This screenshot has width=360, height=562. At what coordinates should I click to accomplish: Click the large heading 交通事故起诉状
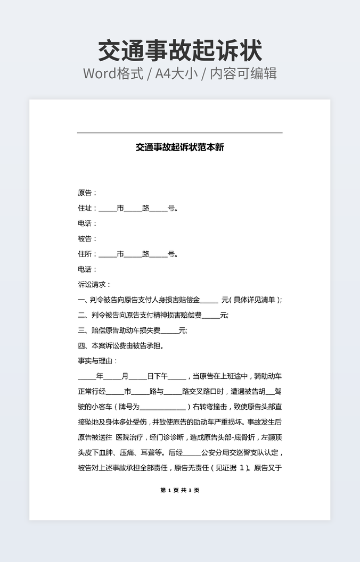(x=180, y=51)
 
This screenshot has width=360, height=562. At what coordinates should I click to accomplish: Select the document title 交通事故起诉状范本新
(x=180, y=147)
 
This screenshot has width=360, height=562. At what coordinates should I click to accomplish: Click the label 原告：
(x=87, y=193)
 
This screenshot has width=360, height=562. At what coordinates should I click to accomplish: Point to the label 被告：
(x=87, y=238)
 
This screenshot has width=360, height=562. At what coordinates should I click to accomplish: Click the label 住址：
(x=87, y=208)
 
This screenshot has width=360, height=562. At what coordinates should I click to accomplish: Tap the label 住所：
(x=87, y=254)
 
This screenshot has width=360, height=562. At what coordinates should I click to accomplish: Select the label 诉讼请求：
(x=94, y=285)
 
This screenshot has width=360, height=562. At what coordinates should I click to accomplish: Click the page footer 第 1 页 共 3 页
(x=180, y=490)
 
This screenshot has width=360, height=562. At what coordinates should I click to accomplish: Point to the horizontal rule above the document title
(x=180, y=133)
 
